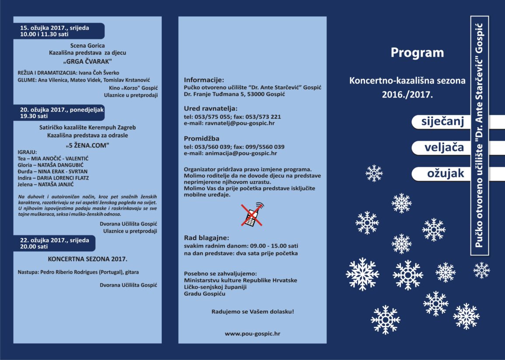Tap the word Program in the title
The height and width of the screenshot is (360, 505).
417,53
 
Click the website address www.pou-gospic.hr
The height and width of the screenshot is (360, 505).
252,333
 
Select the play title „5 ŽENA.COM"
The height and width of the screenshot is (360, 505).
87,144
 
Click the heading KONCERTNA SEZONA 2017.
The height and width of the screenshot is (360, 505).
84,259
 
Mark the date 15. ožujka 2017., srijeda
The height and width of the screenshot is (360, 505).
54,28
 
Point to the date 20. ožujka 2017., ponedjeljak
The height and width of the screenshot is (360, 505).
61,110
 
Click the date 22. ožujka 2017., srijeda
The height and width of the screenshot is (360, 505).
54,240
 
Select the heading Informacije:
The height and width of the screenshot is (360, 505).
204,80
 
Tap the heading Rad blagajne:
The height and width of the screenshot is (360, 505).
206,238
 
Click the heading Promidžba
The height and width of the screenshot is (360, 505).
202,139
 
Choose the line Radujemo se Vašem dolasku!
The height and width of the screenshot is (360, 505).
252,312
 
